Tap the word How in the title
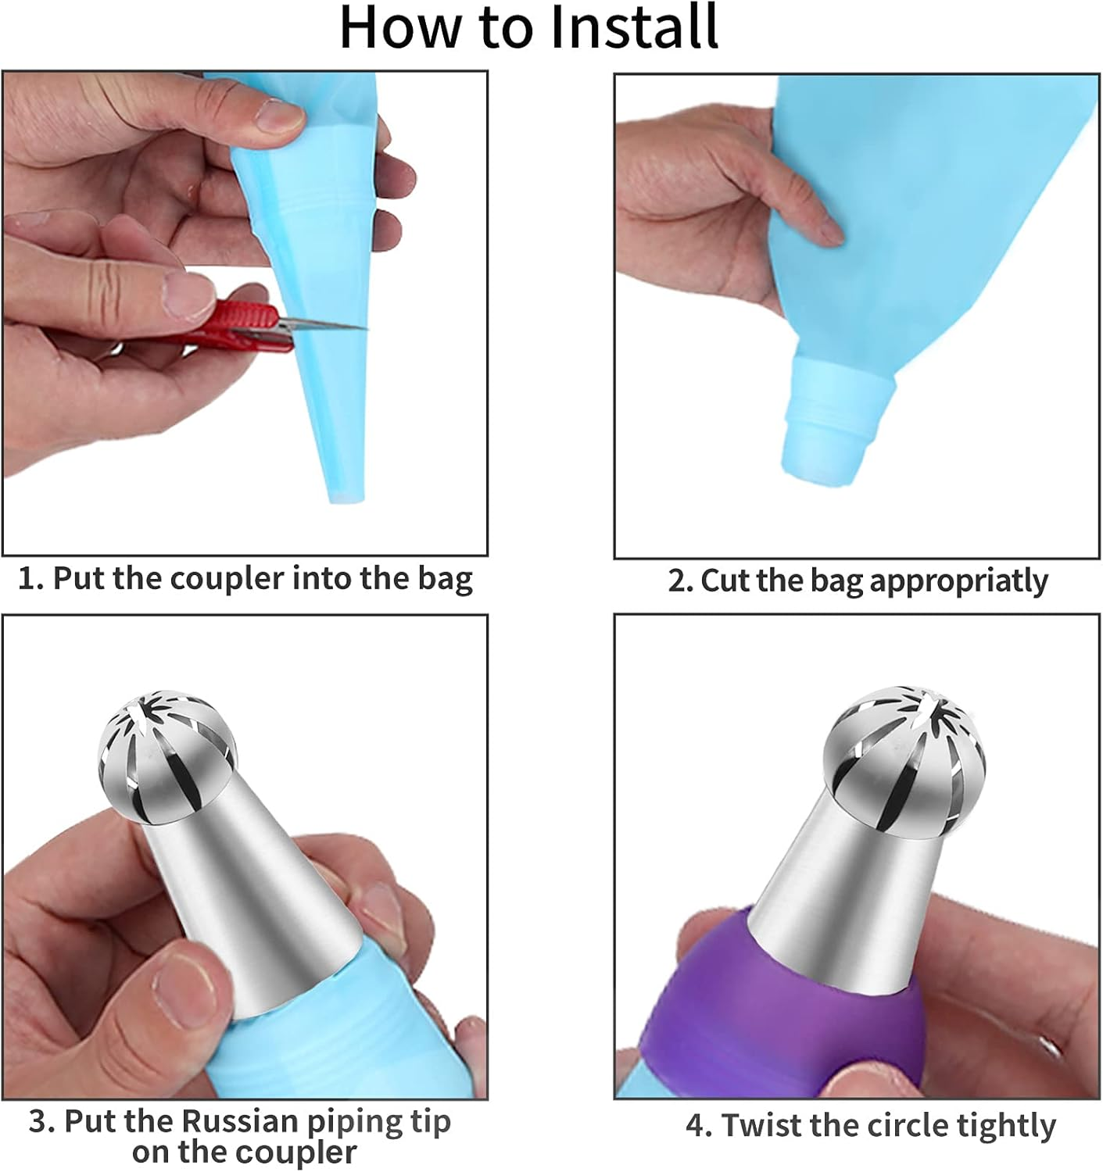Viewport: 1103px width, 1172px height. point(399,27)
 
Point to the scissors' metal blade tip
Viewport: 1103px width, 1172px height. point(365,328)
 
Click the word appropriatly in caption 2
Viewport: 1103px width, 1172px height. point(958,582)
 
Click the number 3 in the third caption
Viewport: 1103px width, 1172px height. point(38,1121)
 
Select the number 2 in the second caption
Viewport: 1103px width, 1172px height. point(677,581)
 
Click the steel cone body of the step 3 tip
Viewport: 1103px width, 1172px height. point(254,897)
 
